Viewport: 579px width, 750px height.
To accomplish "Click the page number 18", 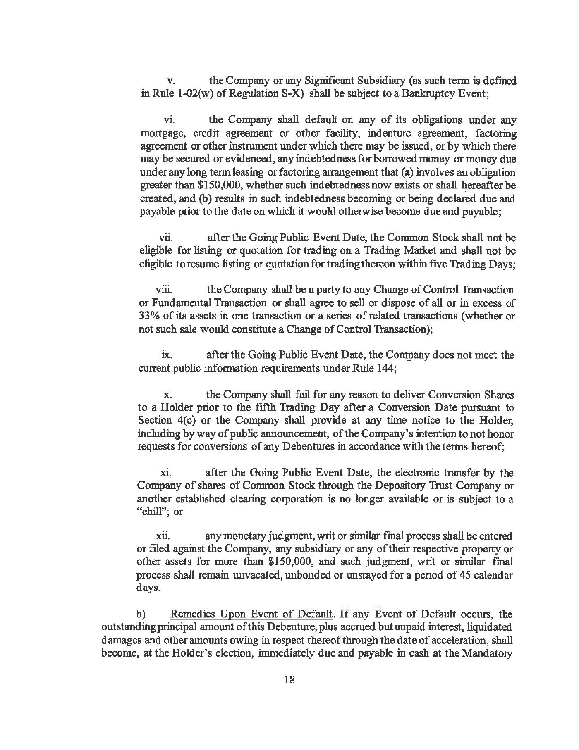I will (289, 680).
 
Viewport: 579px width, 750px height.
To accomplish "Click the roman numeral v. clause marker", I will (169, 81).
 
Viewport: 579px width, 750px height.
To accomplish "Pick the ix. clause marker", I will (167, 355).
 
